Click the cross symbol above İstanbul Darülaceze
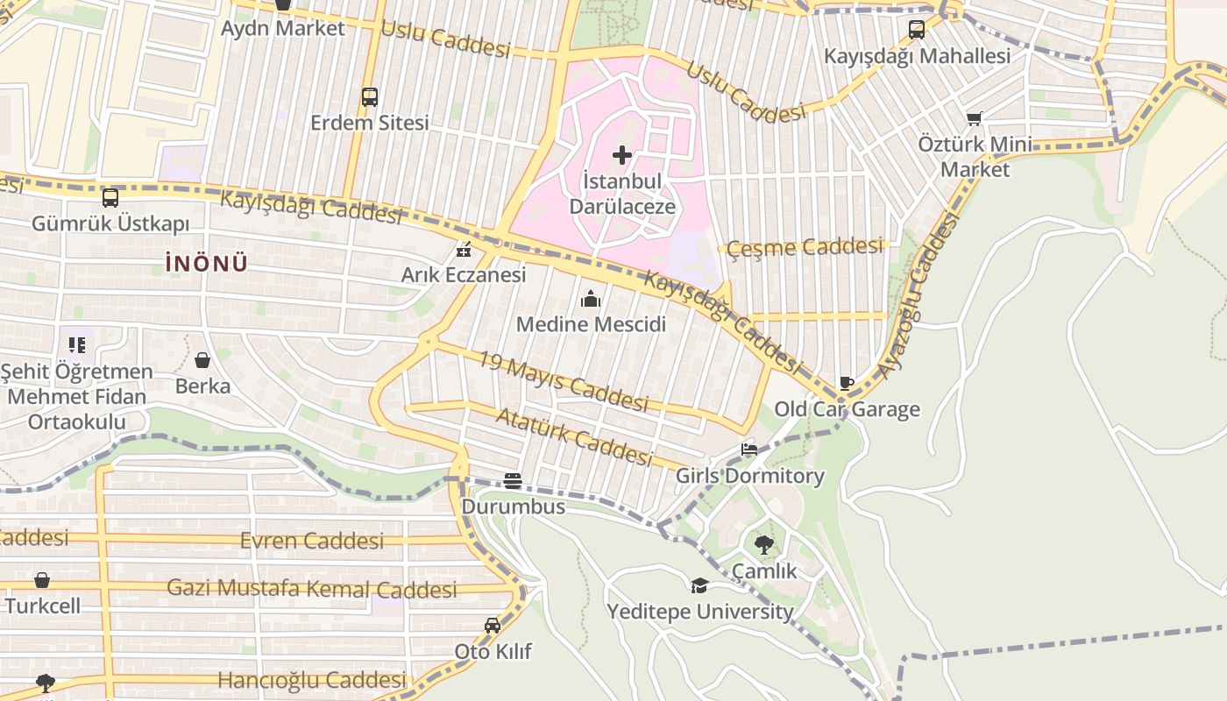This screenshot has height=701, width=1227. pyautogui.click(x=622, y=156)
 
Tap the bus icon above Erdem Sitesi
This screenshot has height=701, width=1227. pyautogui.click(x=370, y=97)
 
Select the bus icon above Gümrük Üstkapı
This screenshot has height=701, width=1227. pyautogui.click(x=110, y=198)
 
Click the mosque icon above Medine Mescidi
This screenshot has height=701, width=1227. pyautogui.click(x=591, y=300)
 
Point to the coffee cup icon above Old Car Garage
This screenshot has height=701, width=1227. pyautogui.click(x=847, y=383)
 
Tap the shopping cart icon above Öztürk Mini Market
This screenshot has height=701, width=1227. pyautogui.click(x=975, y=118)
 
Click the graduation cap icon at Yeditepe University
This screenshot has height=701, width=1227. pyautogui.click(x=699, y=585)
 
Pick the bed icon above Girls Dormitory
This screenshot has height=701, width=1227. pyautogui.click(x=749, y=450)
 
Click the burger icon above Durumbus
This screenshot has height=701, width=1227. pyautogui.click(x=513, y=480)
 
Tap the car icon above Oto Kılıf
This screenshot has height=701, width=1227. pyautogui.click(x=493, y=626)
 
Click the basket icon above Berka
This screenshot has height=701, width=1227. pyautogui.click(x=202, y=360)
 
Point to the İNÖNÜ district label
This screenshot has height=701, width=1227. pyautogui.click(x=207, y=263)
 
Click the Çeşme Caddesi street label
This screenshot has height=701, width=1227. pyautogui.click(x=805, y=247)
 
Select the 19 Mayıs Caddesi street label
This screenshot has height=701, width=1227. pyautogui.click(x=564, y=381)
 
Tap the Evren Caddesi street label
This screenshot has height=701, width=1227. pyautogui.click(x=312, y=541)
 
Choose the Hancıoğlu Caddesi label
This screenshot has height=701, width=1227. pyautogui.click(x=312, y=680)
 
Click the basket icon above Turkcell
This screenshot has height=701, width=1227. pyautogui.click(x=42, y=580)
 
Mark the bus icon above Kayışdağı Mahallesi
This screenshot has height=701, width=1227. pyautogui.click(x=917, y=30)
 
